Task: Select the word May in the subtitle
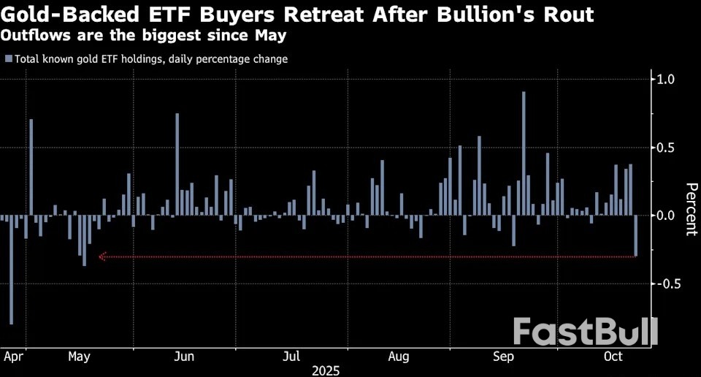(269, 34)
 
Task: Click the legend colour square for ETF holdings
(8, 59)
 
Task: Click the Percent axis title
(689, 208)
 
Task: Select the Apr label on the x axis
(13, 357)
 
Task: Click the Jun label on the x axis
(185, 357)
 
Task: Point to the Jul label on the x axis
(291, 357)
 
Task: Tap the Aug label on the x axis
(398, 357)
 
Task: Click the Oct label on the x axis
(613, 357)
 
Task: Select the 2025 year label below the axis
(326, 370)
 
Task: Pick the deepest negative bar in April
(11, 270)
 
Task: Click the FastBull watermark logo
(584, 332)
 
